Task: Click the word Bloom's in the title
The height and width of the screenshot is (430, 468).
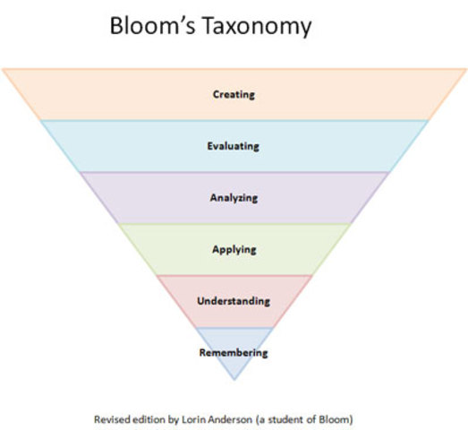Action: tap(149, 26)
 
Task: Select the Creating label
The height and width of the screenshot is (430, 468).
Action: tap(234, 93)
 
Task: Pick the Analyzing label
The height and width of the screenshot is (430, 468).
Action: tap(234, 196)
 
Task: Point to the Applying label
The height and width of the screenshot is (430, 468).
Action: tap(234, 248)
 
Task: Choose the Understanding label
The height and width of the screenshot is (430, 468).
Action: tap(234, 300)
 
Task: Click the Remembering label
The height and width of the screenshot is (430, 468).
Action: tap(234, 352)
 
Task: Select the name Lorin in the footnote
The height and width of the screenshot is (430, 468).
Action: tap(190, 417)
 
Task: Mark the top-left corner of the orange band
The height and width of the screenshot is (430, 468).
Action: tap(4, 69)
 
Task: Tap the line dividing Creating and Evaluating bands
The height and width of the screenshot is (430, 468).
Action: tap(234, 119)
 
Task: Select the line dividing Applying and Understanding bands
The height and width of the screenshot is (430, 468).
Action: tap(234, 275)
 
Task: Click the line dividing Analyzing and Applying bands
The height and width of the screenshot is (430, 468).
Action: tap(234, 223)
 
